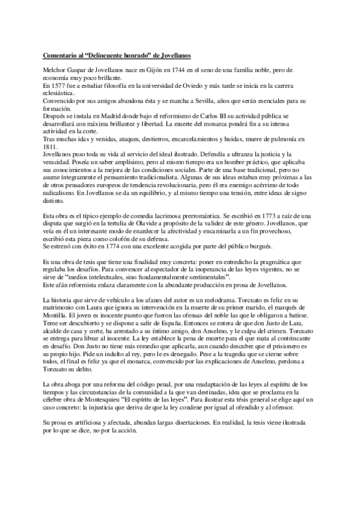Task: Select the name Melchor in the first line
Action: (55, 73)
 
